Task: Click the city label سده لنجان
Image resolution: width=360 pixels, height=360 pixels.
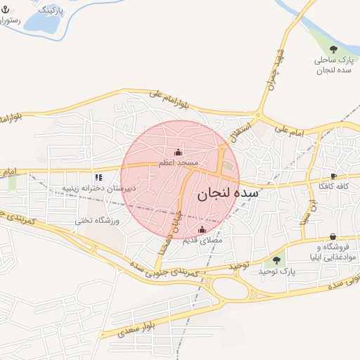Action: (x=228, y=193)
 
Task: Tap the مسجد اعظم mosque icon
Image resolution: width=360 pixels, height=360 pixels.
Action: (x=178, y=153)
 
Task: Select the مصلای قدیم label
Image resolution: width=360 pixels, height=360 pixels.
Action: (x=202, y=240)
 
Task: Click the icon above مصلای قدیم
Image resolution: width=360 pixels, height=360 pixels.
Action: (x=202, y=230)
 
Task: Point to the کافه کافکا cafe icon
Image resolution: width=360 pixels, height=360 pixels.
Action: (x=333, y=176)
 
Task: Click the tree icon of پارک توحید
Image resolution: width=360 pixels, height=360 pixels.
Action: (x=276, y=261)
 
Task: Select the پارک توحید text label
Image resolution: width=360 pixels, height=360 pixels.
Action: (x=275, y=271)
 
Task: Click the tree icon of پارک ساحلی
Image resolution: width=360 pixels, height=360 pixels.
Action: (x=333, y=49)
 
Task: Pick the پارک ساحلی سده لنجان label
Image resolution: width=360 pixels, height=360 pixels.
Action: (x=333, y=65)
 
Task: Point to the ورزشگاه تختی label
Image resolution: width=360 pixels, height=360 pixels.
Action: (x=98, y=221)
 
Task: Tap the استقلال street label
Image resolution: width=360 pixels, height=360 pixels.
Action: (x=236, y=128)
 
